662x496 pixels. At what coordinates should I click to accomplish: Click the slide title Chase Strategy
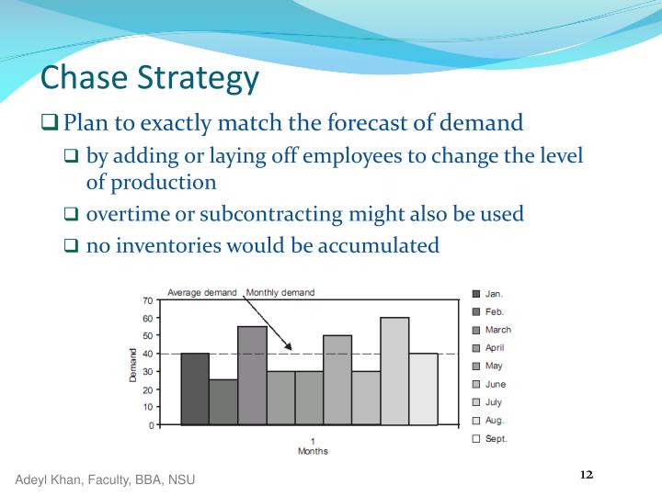pyautogui.click(x=151, y=78)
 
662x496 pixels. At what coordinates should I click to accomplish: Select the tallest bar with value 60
pyautogui.click(x=394, y=371)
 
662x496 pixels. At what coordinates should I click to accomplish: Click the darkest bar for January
pyautogui.click(x=195, y=389)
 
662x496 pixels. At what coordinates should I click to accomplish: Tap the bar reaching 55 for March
pyautogui.click(x=252, y=376)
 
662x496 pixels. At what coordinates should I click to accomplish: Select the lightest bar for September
pyautogui.click(x=423, y=389)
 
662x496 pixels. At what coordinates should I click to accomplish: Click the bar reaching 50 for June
pyautogui.click(x=337, y=380)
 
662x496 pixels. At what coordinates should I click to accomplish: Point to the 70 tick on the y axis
pyautogui.click(x=148, y=300)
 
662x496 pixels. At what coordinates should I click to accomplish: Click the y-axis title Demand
pyautogui.click(x=133, y=364)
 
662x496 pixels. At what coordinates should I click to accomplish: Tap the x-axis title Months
pyautogui.click(x=313, y=451)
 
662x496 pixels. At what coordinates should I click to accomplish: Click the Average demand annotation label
pyautogui.click(x=201, y=292)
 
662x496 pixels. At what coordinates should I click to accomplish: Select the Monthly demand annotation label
pyautogui.click(x=280, y=292)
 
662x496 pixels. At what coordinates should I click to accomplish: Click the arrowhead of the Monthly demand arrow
pyautogui.click(x=290, y=348)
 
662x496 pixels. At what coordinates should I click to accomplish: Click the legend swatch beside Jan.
pyautogui.click(x=476, y=294)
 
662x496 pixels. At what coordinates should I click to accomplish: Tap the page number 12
pyautogui.click(x=587, y=474)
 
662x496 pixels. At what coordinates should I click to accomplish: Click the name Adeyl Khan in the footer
pyautogui.click(x=48, y=479)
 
